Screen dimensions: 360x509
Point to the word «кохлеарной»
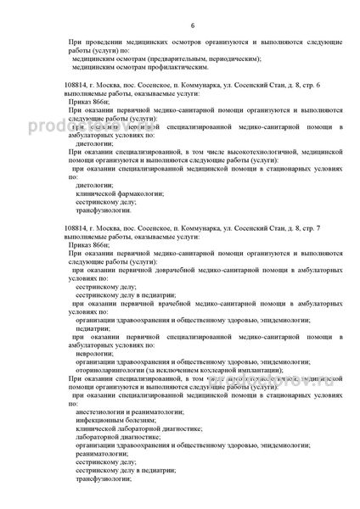click(225, 368)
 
